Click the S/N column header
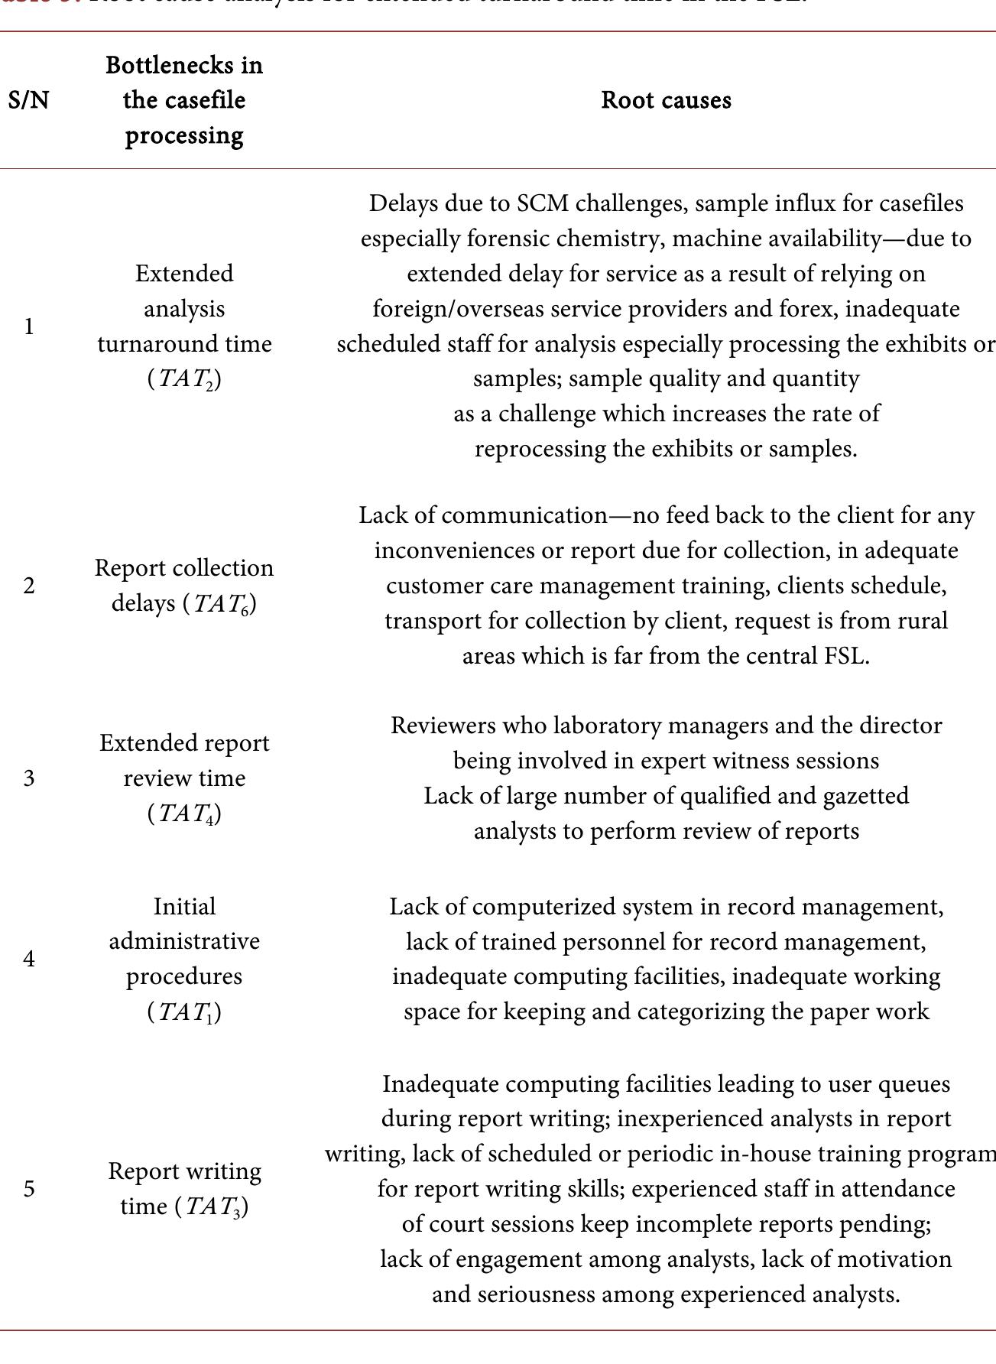29,100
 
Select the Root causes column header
666,100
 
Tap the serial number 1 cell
29,326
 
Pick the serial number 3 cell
29,778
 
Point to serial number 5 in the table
29,1189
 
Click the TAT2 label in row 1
184,379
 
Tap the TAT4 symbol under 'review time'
184,814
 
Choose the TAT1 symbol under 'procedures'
184,1012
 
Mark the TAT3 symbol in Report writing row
216,1207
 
